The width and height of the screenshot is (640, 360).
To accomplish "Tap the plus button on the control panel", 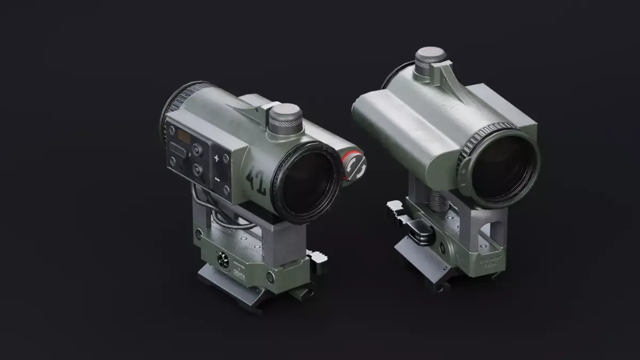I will pyautogui.click(x=217, y=158).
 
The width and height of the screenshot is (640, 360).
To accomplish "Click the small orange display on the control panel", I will pyautogui.click(x=185, y=138).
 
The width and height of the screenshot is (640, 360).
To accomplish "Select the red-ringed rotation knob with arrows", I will pyautogui.click(x=354, y=166).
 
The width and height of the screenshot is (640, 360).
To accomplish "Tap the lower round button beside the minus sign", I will pyautogui.click(x=198, y=170).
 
